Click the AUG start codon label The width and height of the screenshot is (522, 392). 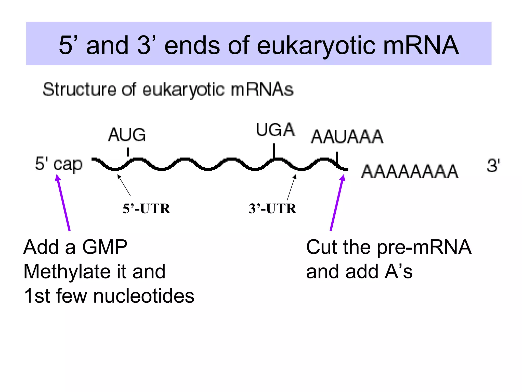click(127, 135)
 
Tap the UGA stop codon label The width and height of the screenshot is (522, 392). click(275, 130)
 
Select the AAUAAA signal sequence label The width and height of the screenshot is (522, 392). click(347, 137)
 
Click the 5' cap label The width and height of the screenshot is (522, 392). click(59, 164)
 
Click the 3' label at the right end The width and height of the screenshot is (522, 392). click(493, 165)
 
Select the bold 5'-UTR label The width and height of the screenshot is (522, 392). click(146, 209)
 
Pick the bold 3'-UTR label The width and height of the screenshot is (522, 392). click(272, 209)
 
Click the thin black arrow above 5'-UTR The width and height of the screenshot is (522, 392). click(124, 185)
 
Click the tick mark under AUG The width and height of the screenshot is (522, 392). click(128, 152)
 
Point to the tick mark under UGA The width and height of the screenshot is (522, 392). click(274, 151)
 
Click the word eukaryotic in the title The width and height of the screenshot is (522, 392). click(316, 45)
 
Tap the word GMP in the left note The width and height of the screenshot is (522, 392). click(105, 247)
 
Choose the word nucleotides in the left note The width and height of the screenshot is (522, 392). click(144, 296)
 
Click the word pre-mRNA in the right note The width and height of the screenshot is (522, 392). click(424, 247)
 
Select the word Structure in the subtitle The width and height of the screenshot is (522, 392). click(79, 90)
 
